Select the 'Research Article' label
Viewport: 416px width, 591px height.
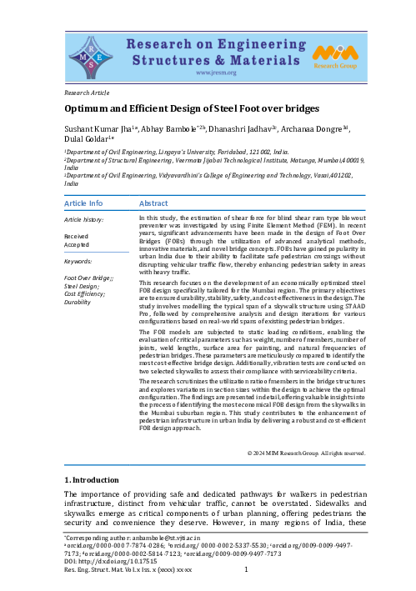click(89, 92)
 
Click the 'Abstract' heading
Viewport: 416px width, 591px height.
click(153, 203)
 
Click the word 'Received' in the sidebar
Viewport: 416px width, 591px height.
click(78, 237)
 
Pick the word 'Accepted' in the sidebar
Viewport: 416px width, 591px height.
click(78, 245)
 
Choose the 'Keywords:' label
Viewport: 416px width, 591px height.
click(78, 261)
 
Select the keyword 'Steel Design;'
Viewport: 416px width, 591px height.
click(82, 286)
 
